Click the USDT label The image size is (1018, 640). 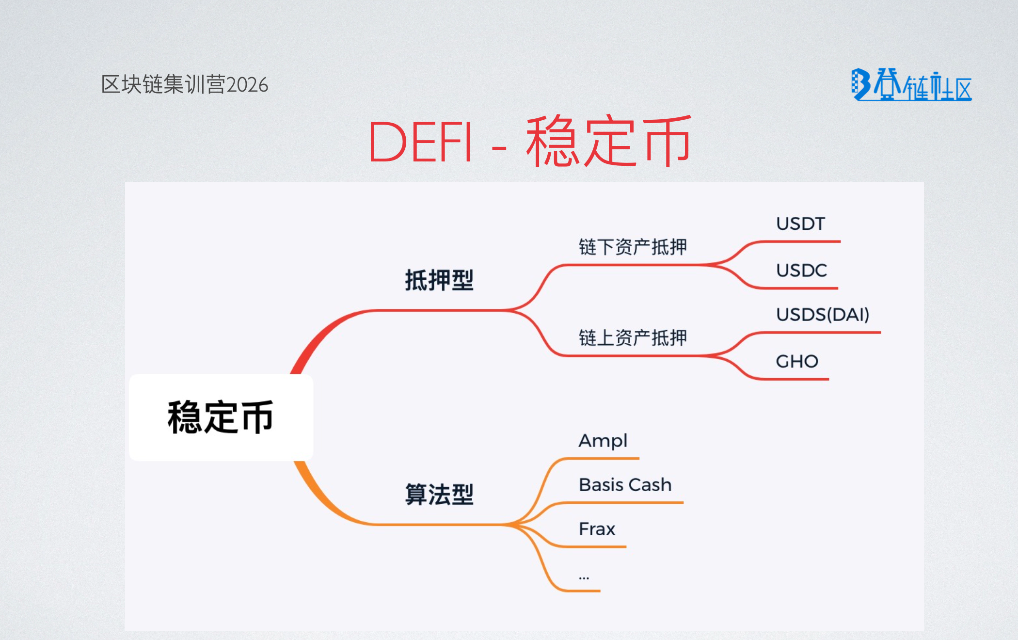coord(800,224)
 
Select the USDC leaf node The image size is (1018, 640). coord(801,271)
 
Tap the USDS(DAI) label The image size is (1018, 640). coord(823,315)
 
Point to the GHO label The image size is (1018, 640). coord(797,362)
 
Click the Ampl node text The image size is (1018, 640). coord(603,441)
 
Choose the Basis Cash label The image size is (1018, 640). coord(625,485)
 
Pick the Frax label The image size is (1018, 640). coord(597,529)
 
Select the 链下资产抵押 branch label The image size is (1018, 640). coord(633,247)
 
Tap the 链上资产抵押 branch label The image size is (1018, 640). coord(633,338)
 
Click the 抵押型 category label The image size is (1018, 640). coord(439,280)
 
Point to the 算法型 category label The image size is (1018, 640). coord(439,495)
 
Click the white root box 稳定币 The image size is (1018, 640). coord(221,417)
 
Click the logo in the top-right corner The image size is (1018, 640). coord(911,85)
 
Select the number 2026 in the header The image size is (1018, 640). coord(247,85)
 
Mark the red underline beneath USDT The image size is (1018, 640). coord(800,241)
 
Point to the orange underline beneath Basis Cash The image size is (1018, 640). coord(630,503)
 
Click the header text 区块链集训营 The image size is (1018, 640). coord(163,85)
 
